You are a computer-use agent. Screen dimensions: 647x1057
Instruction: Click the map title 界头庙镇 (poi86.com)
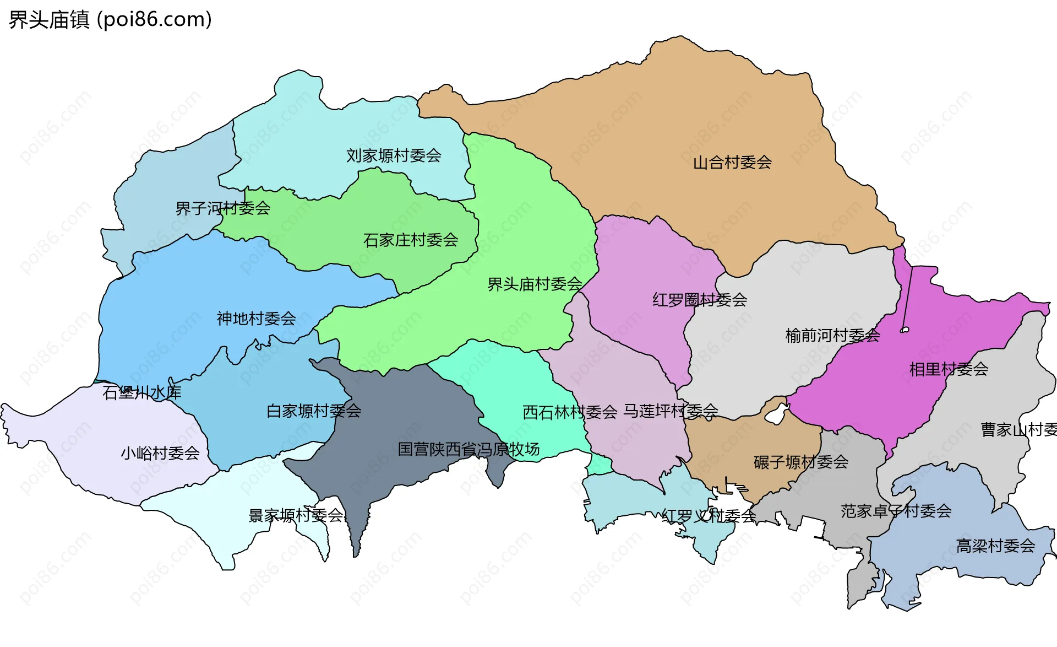point(110,19)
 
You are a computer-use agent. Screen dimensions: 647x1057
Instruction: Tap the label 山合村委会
point(732,163)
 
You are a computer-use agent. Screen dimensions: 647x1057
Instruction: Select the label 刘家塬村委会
point(394,155)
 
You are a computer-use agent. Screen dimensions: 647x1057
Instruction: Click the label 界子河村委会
point(222,208)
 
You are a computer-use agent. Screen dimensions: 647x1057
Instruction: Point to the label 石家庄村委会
point(411,240)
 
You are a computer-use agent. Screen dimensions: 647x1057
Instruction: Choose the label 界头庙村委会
point(535,284)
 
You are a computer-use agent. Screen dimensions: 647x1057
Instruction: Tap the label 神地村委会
point(256,319)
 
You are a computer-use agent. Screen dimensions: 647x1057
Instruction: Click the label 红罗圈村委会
point(699,300)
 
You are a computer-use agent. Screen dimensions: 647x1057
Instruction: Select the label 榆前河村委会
point(832,335)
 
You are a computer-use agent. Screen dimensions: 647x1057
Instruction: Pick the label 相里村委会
point(949,369)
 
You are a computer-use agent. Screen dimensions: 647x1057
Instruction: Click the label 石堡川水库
point(141,392)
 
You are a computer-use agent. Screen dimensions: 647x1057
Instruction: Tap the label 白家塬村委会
point(314,411)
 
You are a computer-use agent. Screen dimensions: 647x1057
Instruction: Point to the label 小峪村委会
point(160,453)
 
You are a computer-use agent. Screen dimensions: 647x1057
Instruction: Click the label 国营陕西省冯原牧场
point(468,449)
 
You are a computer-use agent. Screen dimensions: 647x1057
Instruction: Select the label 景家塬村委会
point(296,515)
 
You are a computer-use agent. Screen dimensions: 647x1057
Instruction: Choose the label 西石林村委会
point(570,412)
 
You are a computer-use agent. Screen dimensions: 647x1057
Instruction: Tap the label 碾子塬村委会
point(800,462)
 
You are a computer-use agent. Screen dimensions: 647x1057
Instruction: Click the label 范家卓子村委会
point(896,511)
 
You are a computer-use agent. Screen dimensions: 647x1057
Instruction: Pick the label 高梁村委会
point(995,546)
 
